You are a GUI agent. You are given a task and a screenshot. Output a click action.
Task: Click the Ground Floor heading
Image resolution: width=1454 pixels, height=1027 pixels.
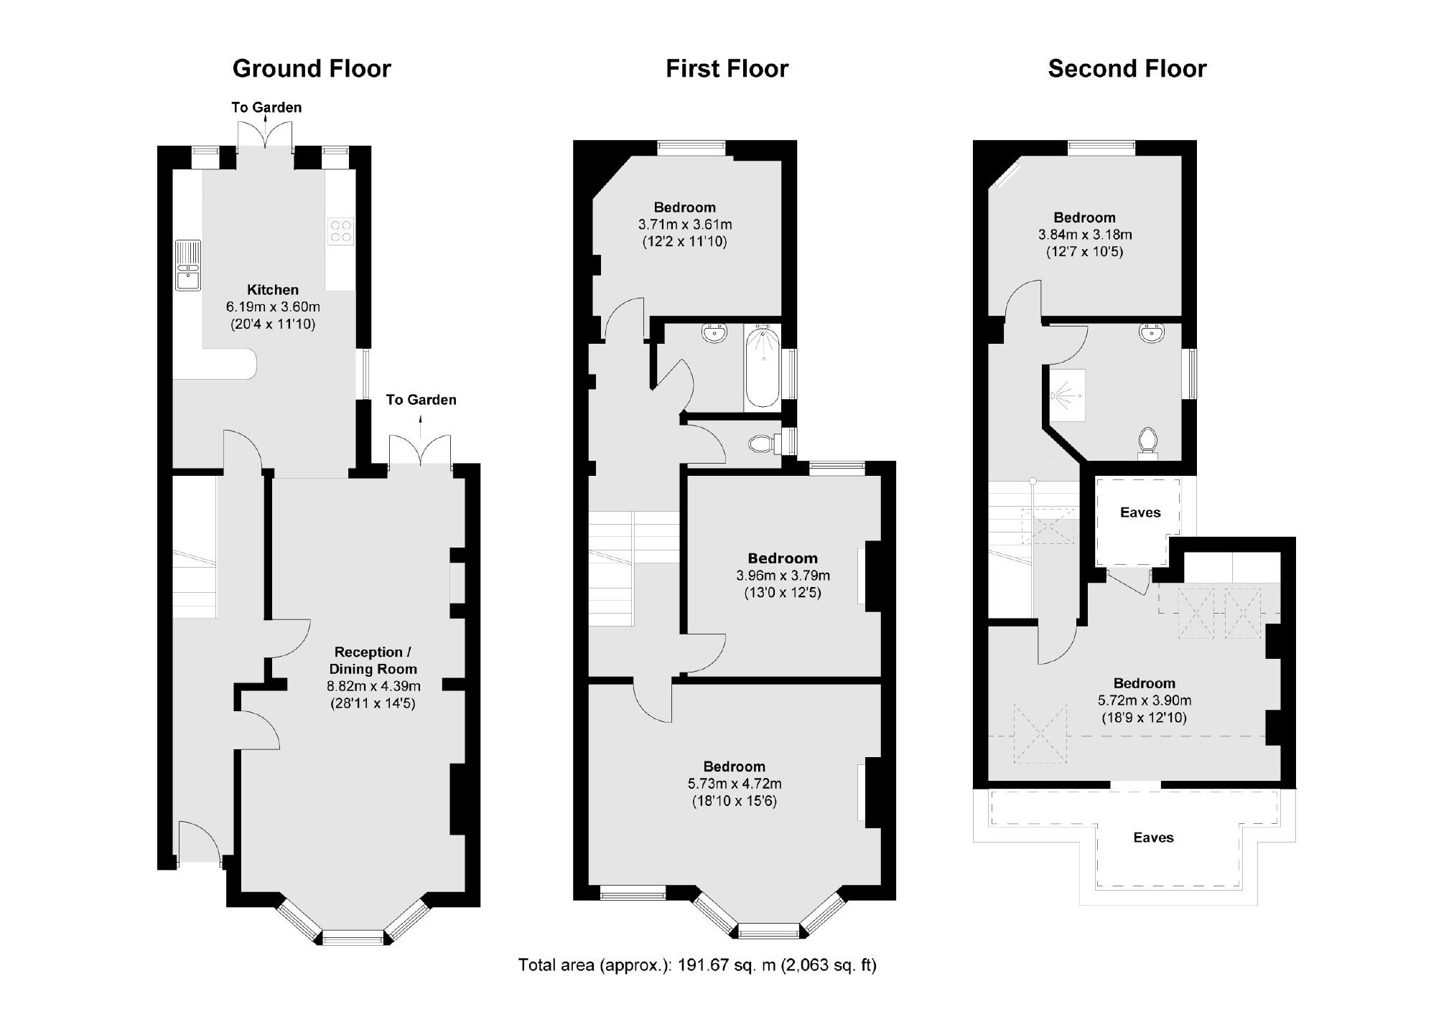312,69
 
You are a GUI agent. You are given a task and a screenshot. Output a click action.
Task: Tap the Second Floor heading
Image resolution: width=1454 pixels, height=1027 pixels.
1127,69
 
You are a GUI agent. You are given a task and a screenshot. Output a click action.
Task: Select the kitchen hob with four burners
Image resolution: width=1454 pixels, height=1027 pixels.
340,231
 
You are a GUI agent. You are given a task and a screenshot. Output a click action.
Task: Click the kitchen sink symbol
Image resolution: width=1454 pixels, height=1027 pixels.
188,265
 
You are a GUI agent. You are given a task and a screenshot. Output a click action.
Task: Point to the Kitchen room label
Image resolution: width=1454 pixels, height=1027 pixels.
273,290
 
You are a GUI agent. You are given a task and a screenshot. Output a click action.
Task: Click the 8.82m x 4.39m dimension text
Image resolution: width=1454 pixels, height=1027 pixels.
373,686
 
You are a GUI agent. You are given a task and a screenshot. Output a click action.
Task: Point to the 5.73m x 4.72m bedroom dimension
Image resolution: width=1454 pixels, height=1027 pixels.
734,784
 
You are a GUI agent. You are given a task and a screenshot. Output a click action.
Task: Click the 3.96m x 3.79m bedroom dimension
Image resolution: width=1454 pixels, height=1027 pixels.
783,576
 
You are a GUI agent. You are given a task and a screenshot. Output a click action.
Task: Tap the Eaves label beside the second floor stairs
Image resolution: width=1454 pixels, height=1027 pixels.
1140,512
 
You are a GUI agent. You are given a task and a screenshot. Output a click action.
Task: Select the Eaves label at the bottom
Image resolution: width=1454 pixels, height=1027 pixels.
1153,838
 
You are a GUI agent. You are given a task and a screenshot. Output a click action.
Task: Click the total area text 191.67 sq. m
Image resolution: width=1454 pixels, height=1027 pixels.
697,965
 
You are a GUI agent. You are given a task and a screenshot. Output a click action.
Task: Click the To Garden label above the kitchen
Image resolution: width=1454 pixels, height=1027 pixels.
266,108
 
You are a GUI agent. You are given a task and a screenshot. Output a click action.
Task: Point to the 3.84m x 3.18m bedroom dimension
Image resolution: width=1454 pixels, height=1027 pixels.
1084,235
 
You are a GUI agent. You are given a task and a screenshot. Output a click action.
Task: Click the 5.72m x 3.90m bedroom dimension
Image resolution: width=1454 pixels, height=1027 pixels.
1145,700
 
